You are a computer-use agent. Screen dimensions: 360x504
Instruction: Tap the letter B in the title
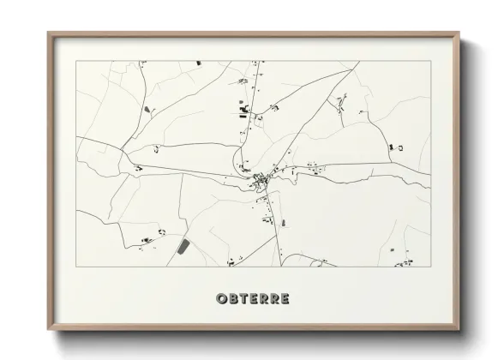point(233,299)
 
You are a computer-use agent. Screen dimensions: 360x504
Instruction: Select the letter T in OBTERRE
point(243,299)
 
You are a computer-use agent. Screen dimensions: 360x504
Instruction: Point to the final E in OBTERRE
point(285,299)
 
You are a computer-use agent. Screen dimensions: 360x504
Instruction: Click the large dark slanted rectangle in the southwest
point(183,247)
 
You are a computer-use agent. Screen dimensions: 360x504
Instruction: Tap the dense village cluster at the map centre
point(261,181)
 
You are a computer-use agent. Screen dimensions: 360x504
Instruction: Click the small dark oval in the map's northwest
point(147,109)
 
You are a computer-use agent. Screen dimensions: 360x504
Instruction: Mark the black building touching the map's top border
point(198,63)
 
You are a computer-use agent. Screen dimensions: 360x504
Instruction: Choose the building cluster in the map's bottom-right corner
point(403,262)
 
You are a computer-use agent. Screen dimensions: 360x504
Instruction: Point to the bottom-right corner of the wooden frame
point(460,329)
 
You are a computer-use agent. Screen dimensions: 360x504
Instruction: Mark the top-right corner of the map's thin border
point(430,61)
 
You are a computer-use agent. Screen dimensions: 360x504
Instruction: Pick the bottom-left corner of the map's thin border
point(76,267)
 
